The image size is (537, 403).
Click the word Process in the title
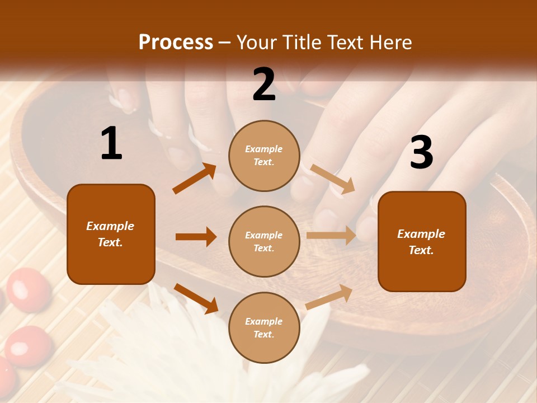[x=176, y=43]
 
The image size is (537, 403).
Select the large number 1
[x=111, y=144]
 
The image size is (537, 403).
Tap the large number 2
[x=264, y=85]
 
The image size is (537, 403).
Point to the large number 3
[x=421, y=153]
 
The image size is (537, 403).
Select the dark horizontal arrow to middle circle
[x=196, y=237]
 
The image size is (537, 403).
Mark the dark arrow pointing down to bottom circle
[x=196, y=298]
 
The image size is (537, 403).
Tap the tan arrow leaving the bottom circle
[x=329, y=297]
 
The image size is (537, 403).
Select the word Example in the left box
[x=110, y=226]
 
